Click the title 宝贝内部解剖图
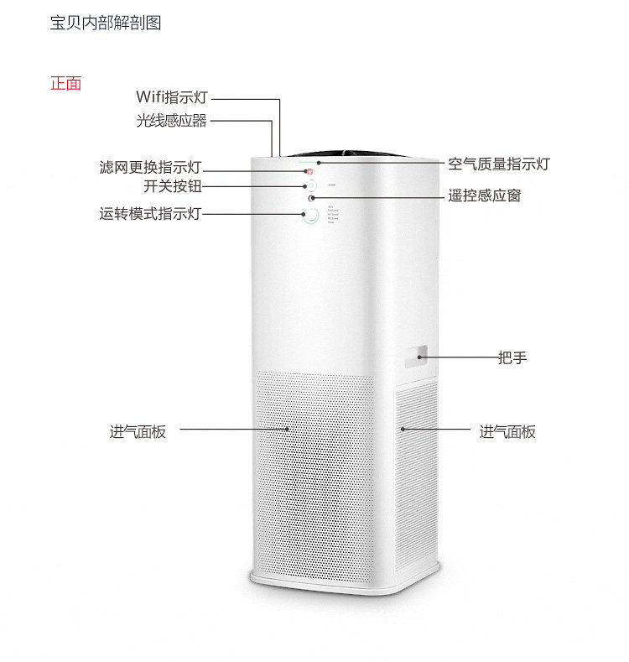(x=106, y=23)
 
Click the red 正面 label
(x=65, y=84)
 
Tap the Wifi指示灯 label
(x=171, y=98)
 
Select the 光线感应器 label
(x=171, y=121)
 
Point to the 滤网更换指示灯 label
(x=150, y=168)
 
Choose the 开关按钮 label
(x=172, y=186)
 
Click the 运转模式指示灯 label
(x=150, y=213)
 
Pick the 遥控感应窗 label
(x=484, y=195)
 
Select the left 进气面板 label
(x=138, y=432)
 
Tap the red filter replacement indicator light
(x=308, y=171)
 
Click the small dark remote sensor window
(x=312, y=198)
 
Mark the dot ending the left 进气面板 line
(x=288, y=429)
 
